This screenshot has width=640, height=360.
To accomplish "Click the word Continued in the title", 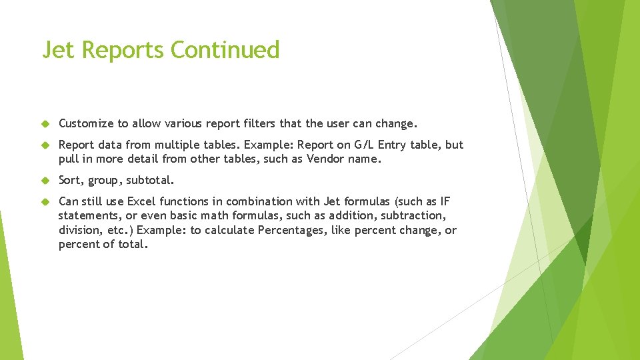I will pos(225,50).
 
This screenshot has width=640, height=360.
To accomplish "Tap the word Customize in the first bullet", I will pos(86,123).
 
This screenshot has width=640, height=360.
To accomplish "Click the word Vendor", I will pos(325,159).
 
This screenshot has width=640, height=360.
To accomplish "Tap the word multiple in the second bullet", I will pos(176,145).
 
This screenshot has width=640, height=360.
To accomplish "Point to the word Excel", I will pos(141,201).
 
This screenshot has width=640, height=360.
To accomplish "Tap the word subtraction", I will pos(412,215).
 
